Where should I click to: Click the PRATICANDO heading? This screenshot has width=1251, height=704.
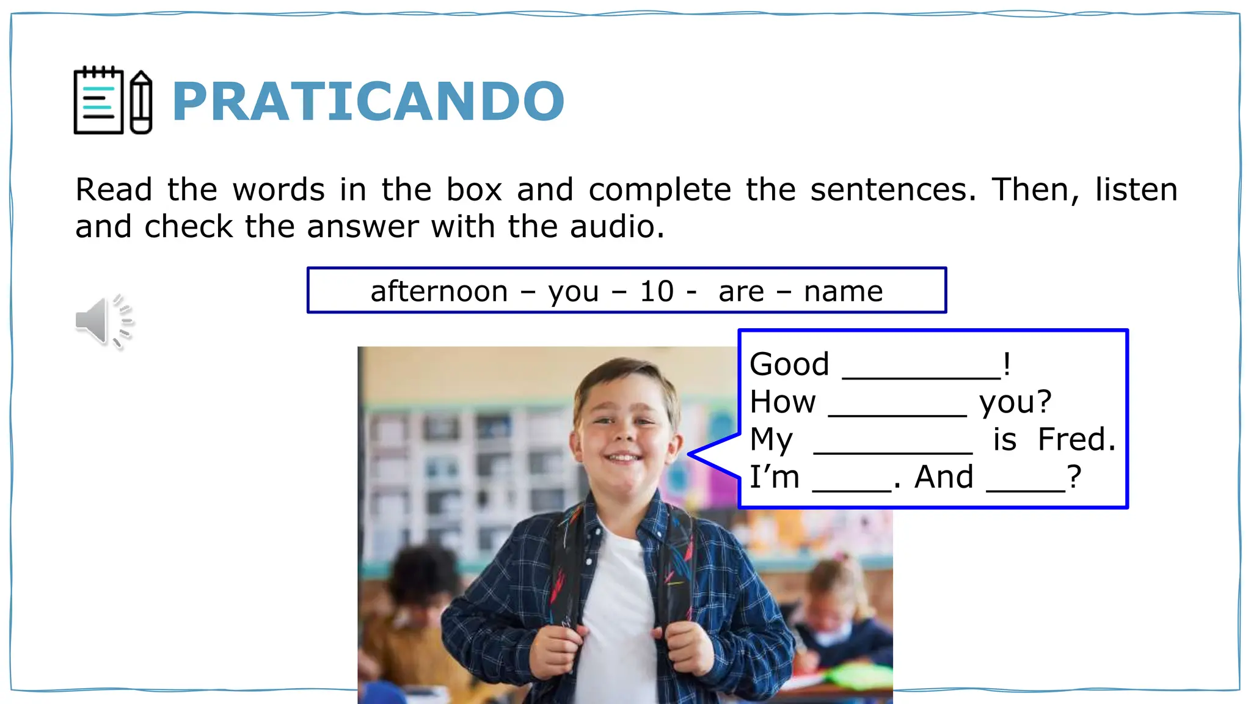tap(368, 101)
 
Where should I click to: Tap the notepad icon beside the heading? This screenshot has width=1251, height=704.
tap(98, 101)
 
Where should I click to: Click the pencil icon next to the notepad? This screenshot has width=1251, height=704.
tap(141, 103)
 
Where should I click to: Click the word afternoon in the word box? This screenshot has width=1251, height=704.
tap(439, 291)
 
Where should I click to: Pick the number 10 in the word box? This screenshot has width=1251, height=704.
tap(656, 291)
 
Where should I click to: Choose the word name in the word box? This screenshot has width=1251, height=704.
tap(843, 291)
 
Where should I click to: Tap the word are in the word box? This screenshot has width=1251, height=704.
tap(741, 292)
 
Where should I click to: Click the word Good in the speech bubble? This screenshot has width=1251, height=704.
tap(789, 364)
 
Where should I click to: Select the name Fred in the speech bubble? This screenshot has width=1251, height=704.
tap(1076, 439)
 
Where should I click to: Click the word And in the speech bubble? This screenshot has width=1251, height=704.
tap(944, 477)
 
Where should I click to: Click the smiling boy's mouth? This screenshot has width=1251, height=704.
tap(622, 457)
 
